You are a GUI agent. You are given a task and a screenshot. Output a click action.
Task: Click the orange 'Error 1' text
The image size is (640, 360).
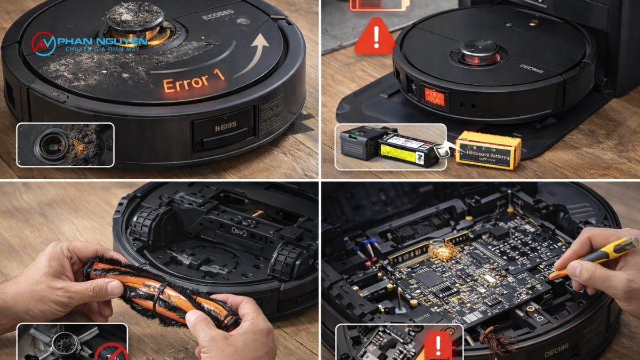(x=194, y=83)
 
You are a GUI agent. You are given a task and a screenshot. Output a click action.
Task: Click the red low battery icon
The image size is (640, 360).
(x=379, y=5)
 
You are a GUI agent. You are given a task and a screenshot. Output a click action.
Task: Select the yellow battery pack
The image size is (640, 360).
(x=488, y=150)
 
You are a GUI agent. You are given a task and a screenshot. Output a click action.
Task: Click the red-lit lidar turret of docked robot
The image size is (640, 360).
(x=479, y=53)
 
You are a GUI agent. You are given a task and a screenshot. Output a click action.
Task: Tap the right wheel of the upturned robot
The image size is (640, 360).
(x=287, y=261)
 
